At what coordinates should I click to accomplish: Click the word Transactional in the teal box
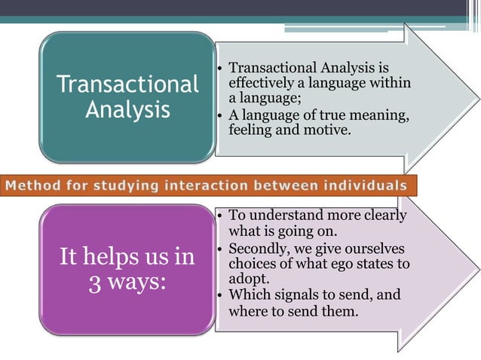127,84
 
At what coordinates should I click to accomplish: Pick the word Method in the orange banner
36,185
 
